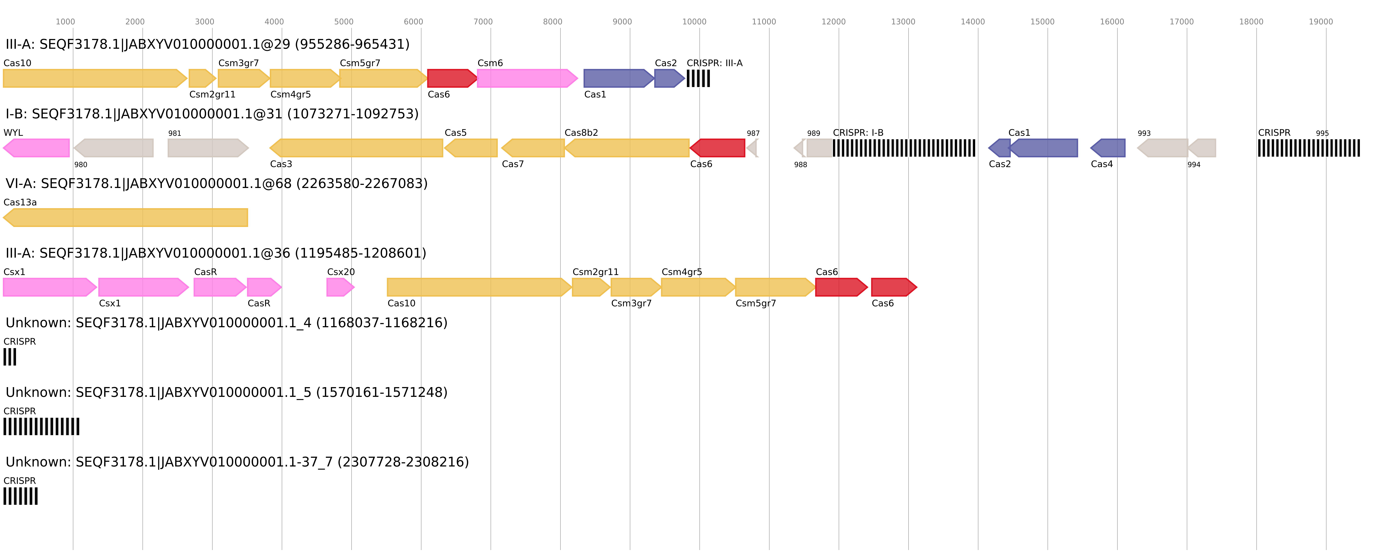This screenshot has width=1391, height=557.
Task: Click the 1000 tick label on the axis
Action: (65, 22)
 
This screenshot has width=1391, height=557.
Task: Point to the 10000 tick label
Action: (694, 22)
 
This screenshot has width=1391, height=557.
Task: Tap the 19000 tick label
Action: (1320, 22)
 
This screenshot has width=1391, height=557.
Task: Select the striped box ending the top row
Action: (698, 78)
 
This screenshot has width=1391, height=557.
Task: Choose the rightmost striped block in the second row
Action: (1308, 148)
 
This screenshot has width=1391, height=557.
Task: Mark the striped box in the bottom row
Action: (21, 496)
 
